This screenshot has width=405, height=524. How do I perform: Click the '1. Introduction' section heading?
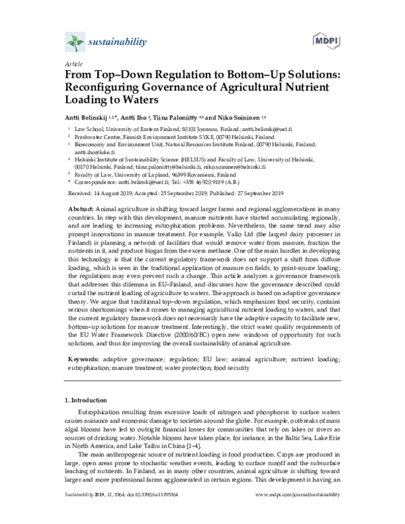(x=84, y=400)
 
